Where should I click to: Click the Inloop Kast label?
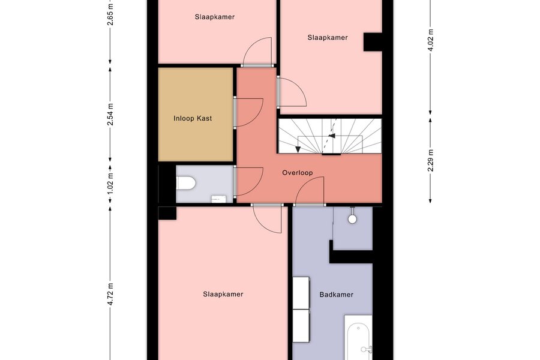(x=193, y=119)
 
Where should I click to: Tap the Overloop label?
(x=298, y=173)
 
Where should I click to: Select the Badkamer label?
(x=337, y=295)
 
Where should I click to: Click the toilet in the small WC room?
(x=186, y=183)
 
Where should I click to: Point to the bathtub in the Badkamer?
(x=359, y=338)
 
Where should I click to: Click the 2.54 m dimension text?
(x=110, y=115)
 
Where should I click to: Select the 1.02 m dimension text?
(x=110, y=182)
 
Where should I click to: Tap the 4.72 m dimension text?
(x=110, y=294)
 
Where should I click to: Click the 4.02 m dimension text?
(x=430, y=40)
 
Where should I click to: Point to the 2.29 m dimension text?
(x=430, y=160)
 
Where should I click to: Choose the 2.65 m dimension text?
(x=110, y=15)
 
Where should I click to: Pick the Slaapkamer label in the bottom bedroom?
(x=223, y=294)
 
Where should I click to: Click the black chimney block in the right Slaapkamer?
(x=373, y=41)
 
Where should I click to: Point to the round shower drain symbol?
(x=352, y=219)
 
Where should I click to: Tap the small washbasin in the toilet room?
(x=218, y=199)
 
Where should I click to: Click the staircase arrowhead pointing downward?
(x=298, y=149)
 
